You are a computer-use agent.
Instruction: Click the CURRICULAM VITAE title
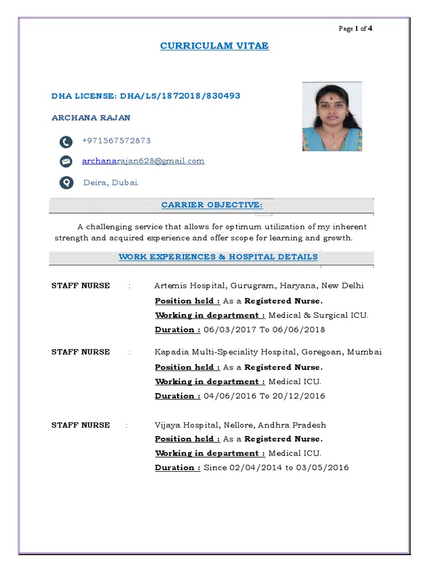coord(215,46)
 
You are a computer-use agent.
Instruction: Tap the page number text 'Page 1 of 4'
coord(355,29)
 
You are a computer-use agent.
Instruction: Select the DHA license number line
coord(146,96)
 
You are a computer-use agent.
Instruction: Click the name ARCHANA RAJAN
coord(91,118)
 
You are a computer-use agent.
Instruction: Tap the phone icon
coord(66,142)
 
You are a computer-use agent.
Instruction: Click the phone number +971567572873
coord(116,141)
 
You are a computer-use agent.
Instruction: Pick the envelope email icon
coord(66,162)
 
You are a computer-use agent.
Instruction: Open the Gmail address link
coord(143,161)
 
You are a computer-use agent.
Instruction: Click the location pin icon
coord(66,182)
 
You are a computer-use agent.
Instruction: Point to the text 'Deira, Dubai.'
coord(111,182)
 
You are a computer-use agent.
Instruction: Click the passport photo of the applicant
coord(332,117)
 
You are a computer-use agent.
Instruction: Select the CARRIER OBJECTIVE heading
coord(212,205)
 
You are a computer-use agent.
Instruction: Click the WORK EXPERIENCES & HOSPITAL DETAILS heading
coord(218,257)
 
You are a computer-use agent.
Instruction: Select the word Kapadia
coord(171,352)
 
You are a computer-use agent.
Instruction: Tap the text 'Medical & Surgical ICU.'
coord(318,315)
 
